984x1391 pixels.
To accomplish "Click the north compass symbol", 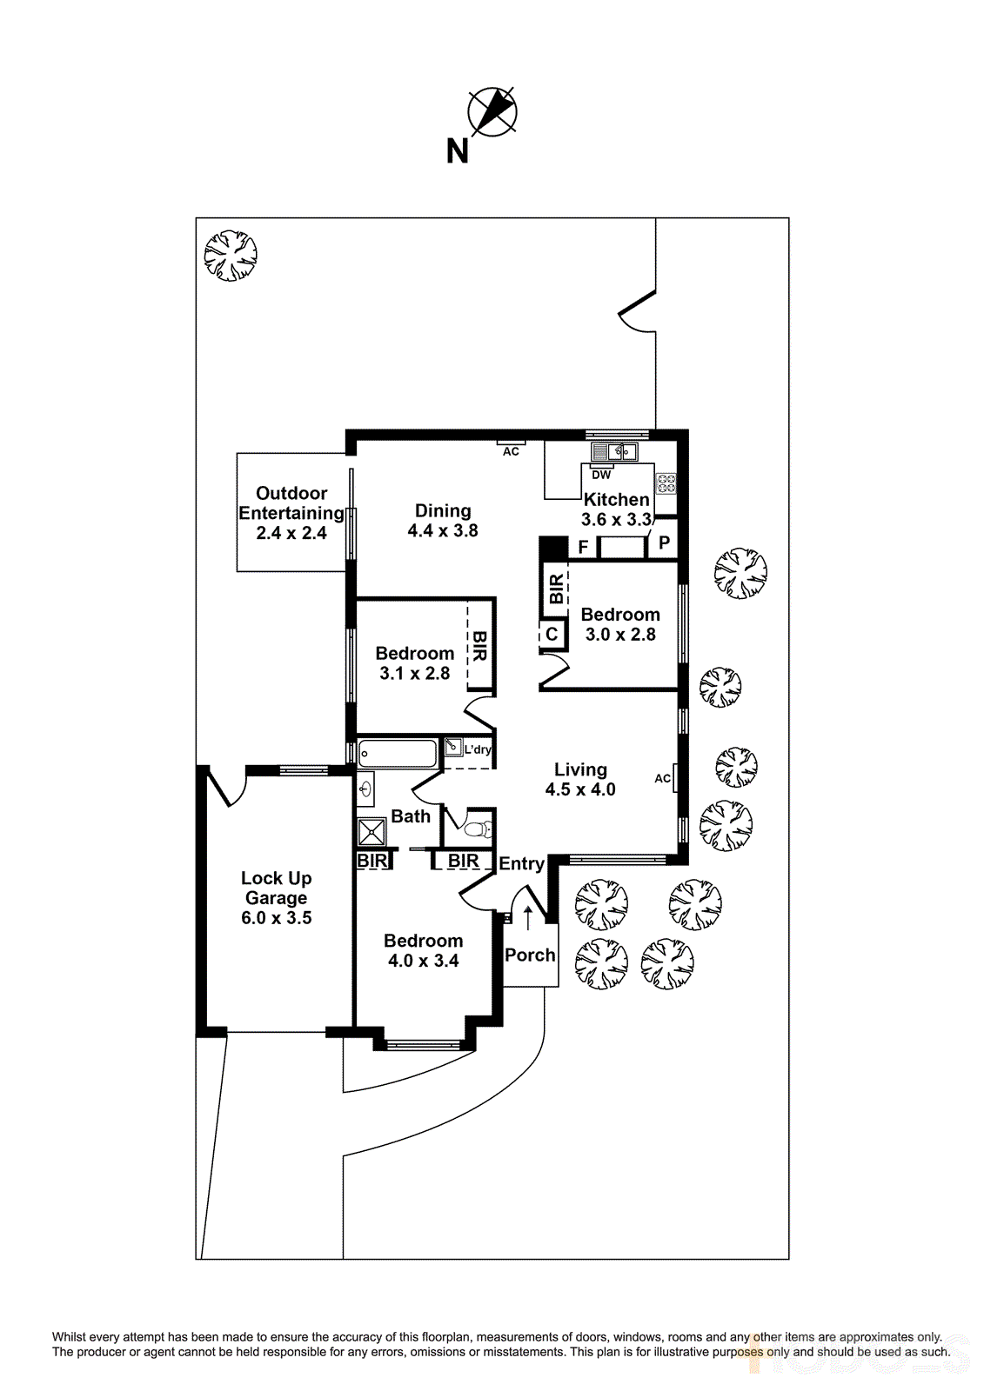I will (x=492, y=112).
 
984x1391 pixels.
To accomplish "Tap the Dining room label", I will (x=443, y=521).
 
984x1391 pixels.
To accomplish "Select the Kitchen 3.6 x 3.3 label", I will (x=616, y=509).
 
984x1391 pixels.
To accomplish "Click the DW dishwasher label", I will (x=601, y=475).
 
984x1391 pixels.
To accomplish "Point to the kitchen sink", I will (x=614, y=452).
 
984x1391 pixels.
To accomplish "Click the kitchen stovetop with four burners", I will (x=666, y=483).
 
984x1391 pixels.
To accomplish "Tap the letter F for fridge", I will (x=583, y=547).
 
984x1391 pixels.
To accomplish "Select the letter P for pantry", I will (x=664, y=543).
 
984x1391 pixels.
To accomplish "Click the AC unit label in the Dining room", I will (x=511, y=451).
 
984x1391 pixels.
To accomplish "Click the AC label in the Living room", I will (x=662, y=778).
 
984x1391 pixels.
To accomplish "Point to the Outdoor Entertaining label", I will (x=291, y=513).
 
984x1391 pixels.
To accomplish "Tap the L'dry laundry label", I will (x=477, y=749).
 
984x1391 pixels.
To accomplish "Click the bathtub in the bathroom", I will (x=398, y=753).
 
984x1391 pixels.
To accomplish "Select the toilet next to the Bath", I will (x=476, y=829).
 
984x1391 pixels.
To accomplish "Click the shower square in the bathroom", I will (x=372, y=832).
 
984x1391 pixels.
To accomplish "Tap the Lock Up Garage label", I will (x=276, y=897).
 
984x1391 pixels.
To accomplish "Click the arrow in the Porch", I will (x=527, y=918).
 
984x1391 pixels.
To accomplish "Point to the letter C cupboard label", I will (x=552, y=635).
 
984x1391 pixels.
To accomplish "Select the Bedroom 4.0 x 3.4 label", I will (x=424, y=950).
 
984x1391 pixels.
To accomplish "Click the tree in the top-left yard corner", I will (x=231, y=255).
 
